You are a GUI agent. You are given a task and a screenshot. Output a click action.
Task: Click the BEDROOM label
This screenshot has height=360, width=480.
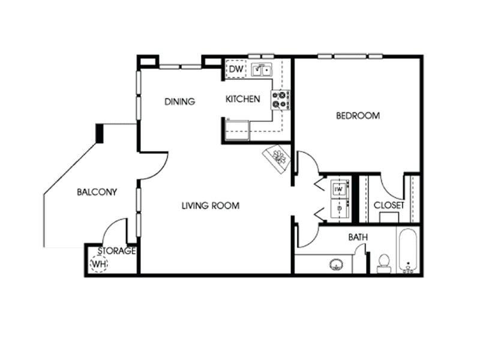[x=358, y=116]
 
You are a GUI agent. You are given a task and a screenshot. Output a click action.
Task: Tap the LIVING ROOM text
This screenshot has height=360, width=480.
[x=211, y=205]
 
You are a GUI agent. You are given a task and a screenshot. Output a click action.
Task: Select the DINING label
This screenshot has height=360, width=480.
[x=179, y=101]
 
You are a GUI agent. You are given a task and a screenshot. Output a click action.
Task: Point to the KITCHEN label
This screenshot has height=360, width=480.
[x=243, y=99]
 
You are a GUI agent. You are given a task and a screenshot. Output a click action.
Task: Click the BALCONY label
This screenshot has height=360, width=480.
[x=97, y=192]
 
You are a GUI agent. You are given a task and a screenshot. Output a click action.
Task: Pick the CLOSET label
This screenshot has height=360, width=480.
[x=389, y=205]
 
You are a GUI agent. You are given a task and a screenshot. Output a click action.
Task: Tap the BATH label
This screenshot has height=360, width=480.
[x=358, y=237]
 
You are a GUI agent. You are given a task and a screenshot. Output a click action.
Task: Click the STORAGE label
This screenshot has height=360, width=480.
[x=116, y=251]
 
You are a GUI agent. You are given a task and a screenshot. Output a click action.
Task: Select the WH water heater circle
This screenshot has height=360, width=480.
[x=99, y=263]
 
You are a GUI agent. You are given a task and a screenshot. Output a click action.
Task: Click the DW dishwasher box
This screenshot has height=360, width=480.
[x=236, y=69]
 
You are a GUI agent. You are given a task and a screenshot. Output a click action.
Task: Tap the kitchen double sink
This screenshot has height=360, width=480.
[x=262, y=70]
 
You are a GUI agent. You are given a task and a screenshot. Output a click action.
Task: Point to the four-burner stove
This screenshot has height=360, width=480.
[x=280, y=100]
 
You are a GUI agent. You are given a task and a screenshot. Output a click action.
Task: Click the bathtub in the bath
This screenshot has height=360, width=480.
[x=408, y=251]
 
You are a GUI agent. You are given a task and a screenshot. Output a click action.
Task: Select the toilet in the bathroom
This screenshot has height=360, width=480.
[x=384, y=263]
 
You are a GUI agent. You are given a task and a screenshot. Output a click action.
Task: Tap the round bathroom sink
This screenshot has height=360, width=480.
[x=336, y=264]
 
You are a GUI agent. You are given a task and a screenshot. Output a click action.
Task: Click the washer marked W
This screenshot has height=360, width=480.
[x=339, y=190]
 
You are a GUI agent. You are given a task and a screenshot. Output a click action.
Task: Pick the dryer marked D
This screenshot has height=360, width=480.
[x=339, y=208]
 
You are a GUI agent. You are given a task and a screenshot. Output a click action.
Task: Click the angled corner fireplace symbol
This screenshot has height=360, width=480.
[x=277, y=159]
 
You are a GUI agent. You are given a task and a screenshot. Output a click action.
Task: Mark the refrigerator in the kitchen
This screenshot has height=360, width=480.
[x=237, y=130]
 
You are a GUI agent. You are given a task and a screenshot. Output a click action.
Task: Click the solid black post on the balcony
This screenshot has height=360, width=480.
[x=100, y=133]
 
